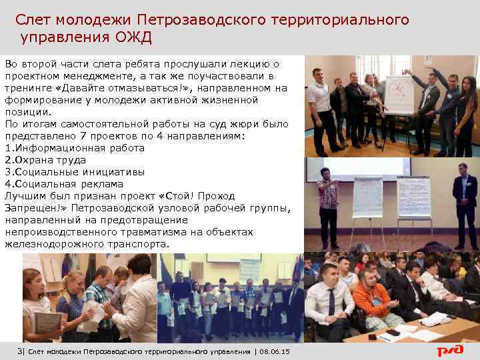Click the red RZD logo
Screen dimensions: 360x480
(x=454, y=351)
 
